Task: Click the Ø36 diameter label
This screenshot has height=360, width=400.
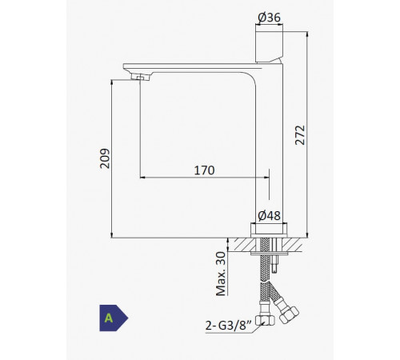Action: [x=269, y=18]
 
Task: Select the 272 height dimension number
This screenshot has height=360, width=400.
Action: [x=300, y=135]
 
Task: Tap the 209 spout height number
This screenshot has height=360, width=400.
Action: [x=105, y=158]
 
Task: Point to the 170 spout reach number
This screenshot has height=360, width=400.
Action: [x=204, y=170]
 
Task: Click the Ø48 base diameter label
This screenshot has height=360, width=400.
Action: [x=269, y=216]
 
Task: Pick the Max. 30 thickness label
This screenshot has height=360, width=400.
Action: [x=221, y=274]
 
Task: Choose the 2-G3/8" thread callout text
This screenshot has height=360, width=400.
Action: [x=229, y=326]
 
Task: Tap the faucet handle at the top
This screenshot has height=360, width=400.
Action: [x=269, y=47]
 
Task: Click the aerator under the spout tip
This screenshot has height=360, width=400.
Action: [x=141, y=77]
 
